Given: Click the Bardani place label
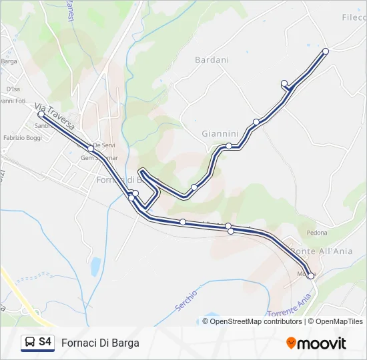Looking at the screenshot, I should [212, 60].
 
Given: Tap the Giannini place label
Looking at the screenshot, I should [220, 133].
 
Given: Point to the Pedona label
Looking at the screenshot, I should [316, 233].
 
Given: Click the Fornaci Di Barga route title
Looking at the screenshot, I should [100, 343].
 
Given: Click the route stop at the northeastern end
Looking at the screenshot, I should [326, 51].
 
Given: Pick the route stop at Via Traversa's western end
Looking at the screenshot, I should [41, 115].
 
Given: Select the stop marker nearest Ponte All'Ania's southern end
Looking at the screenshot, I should [311, 275].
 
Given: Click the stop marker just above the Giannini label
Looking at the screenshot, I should [256, 122].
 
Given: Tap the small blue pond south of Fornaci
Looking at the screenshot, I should [95, 267].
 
